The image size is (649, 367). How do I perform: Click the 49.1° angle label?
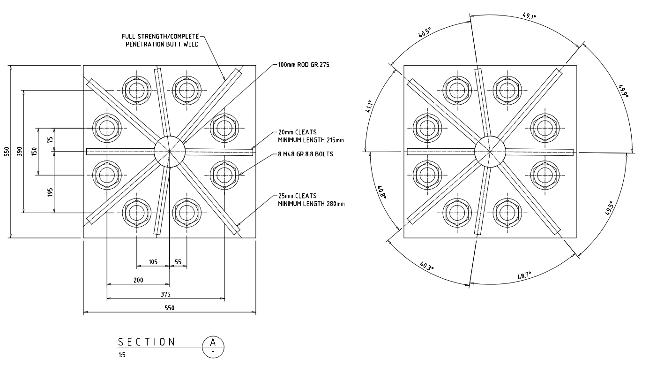coord(530,15)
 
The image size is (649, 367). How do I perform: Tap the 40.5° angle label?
coord(425,32)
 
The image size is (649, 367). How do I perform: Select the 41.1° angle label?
coord(368,107)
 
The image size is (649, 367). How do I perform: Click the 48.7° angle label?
coord(524,275)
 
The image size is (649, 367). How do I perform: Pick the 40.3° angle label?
coord(426,266)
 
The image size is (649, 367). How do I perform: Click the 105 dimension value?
coord(153,262)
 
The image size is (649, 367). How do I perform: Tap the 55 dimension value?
coord(178,262)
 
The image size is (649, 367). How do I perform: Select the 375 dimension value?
coord(165,294)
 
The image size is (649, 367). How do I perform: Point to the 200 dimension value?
coord(138,280)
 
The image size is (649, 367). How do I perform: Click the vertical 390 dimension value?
coord(19,152)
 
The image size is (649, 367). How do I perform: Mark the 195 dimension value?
coord(50,192)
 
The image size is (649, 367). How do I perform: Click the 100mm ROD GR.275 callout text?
coord(304,65)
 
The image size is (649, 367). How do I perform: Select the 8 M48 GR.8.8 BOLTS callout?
coord(306,154)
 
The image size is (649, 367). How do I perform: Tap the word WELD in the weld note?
coord(190,45)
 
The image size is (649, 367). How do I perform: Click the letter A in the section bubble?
coord(213,342)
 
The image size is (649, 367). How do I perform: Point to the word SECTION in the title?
coord(147,342)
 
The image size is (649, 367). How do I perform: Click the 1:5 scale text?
coord(122,355)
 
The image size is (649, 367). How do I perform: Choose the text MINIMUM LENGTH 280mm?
coord(312,204)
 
